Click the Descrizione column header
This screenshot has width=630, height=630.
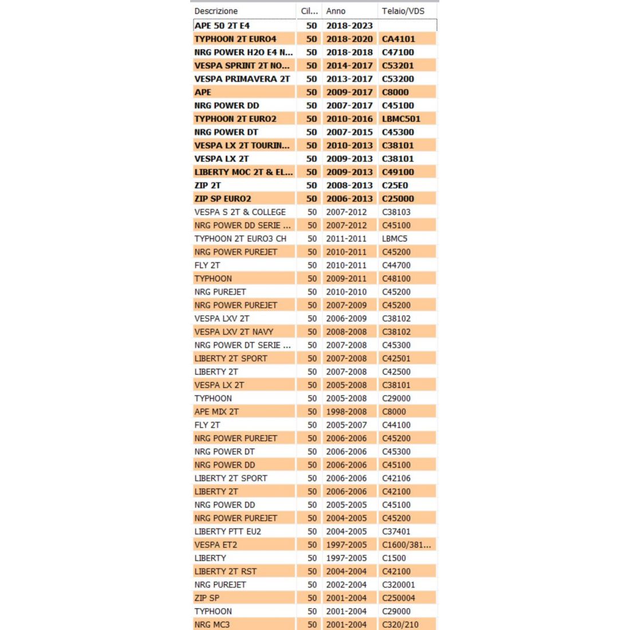point(216,11)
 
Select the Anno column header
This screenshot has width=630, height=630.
point(336,11)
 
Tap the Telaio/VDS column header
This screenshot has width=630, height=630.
point(403,11)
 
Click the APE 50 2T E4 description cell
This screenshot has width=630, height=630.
point(222,26)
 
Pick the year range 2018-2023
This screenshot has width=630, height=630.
point(349,26)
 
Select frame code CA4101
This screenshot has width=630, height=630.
point(399,39)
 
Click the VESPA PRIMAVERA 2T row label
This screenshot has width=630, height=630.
point(242,79)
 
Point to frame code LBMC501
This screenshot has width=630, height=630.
point(401,119)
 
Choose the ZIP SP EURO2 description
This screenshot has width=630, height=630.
point(223,199)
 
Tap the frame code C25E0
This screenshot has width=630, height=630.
point(395,186)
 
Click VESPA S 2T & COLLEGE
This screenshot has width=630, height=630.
point(240,212)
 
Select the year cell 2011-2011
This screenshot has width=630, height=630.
point(346,239)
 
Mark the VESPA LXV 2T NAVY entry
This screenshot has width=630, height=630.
point(234,332)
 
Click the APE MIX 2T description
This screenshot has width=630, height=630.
point(216,412)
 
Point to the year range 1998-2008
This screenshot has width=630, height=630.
point(346,412)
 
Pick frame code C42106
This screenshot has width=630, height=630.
point(396,478)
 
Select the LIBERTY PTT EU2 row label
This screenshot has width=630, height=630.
point(227,531)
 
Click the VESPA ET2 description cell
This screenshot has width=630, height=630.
point(215,545)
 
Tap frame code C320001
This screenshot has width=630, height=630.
point(399,585)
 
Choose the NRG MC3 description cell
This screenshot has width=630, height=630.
point(212,624)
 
